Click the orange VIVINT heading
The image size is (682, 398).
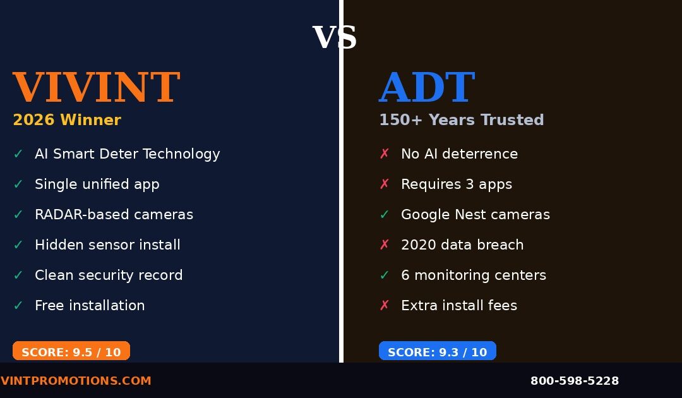click(x=96, y=88)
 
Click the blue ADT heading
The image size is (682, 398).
click(x=427, y=88)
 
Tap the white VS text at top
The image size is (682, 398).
click(x=335, y=38)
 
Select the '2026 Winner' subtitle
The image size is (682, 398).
click(x=67, y=120)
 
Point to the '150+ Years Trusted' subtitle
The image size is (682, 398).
click(x=461, y=120)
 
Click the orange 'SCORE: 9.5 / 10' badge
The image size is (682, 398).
click(x=71, y=351)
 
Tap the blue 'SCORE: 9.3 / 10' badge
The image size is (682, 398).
click(x=437, y=351)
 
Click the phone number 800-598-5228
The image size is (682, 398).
click(x=574, y=381)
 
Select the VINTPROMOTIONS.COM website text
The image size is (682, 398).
click(x=76, y=381)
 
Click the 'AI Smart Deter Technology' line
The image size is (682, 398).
click(x=127, y=154)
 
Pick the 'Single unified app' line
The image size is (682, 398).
click(x=97, y=184)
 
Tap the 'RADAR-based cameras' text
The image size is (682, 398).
click(x=114, y=215)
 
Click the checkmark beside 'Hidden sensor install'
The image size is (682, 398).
click(x=18, y=245)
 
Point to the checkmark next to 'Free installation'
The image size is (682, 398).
click(x=18, y=306)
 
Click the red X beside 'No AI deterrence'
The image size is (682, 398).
click(x=385, y=154)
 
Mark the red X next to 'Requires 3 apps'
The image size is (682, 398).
click(x=385, y=184)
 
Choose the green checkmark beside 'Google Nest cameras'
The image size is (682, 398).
click(x=385, y=215)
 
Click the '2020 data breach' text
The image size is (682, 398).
click(x=462, y=245)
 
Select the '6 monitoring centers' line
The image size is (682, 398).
click(x=473, y=275)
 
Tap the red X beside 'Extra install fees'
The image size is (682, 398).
click(x=385, y=306)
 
